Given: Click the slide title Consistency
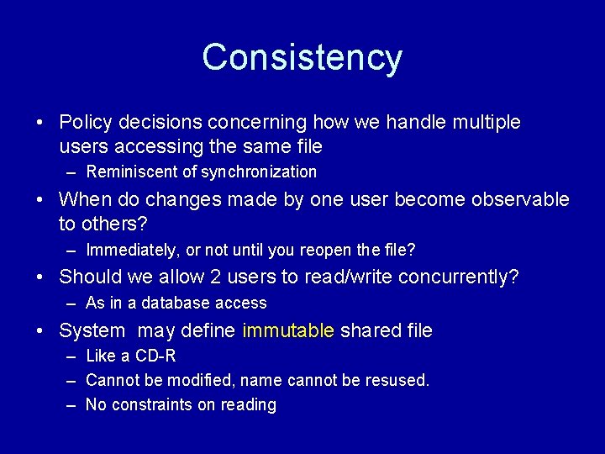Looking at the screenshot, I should tap(302, 57).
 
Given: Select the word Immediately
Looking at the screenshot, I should tap(129, 251).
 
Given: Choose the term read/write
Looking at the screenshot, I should tap(346, 277).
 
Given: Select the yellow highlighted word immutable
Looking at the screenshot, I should tap(288, 331).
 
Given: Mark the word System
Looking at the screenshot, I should tap(92, 331).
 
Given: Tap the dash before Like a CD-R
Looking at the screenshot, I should tap(69, 356).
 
